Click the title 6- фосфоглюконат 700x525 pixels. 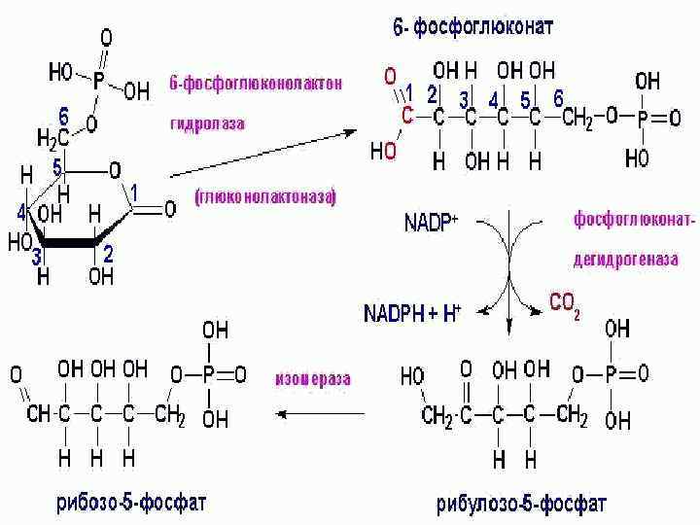coord(472,27)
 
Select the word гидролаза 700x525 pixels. coord(207,124)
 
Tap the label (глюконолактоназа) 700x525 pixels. coord(263,197)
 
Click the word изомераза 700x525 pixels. coord(312,378)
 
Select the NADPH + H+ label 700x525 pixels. coord(412,313)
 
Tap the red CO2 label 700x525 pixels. coord(565,304)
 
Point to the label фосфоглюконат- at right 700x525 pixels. coord(633,222)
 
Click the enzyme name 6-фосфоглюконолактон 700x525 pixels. coord(256,83)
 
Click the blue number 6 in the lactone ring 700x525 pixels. coord(64,116)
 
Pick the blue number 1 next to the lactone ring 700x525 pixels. coord(134,193)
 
